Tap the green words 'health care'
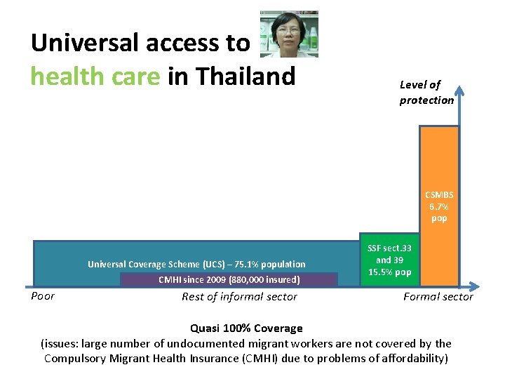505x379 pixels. point(95,76)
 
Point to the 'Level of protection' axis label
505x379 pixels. point(426,92)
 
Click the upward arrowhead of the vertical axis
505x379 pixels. point(459,89)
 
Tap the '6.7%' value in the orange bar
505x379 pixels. point(439,206)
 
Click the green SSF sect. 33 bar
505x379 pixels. point(389,260)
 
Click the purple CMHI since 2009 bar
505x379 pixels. point(229,279)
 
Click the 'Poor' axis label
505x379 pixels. point(43,296)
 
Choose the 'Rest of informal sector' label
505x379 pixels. point(239,297)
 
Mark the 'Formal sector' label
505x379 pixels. point(438,297)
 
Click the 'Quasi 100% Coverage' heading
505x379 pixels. point(246,328)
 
